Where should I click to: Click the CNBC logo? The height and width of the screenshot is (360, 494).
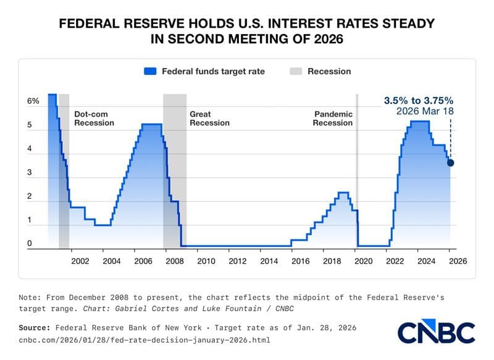coord(437,332)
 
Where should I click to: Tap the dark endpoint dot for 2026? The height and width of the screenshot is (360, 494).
coord(450,163)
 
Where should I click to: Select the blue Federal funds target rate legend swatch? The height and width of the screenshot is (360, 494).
coord(150,71)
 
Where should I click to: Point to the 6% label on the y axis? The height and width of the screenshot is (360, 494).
coord(33,101)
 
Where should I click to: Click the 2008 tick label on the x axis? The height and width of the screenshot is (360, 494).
coord(174,261)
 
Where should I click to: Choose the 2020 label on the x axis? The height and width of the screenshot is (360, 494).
coord(363,261)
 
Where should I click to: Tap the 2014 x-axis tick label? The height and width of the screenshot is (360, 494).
coord(269,261)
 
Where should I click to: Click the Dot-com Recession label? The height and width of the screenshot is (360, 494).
coord(94,118)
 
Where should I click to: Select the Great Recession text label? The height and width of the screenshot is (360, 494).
coord(209,118)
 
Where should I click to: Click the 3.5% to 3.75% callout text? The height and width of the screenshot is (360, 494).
coord(419,100)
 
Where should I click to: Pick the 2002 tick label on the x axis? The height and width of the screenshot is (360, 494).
coord(80,261)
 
